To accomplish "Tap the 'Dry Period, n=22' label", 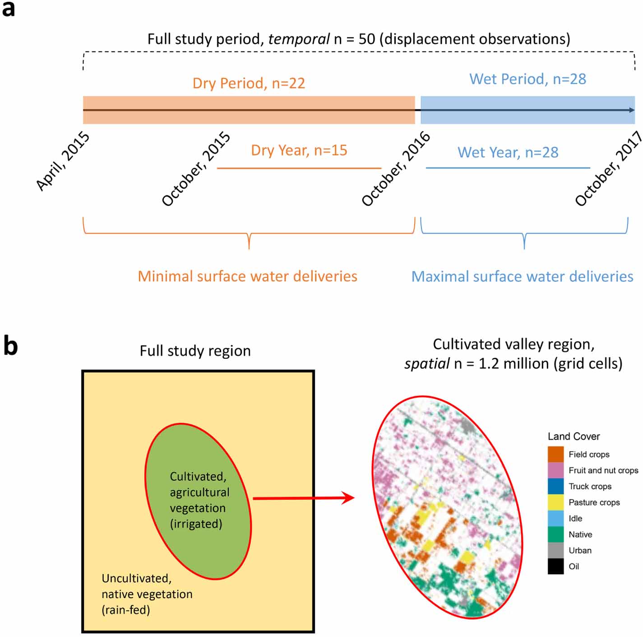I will click(x=249, y=83).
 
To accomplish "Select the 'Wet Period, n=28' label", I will click(x=527, y=79).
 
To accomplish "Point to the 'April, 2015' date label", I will click(x=63, y=161).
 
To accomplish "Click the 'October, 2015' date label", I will click(x=196, y=169).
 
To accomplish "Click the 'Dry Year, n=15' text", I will click(x=299, y=150).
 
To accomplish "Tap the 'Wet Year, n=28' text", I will click(x=508, y=152).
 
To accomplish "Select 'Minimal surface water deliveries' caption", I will click(x=247, y=276).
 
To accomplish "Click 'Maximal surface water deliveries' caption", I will click(x=522, y=276).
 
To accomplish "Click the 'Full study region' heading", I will click(x=195, y=351).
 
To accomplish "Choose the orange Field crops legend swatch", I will click(x=555, y=454).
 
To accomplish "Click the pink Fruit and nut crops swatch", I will click(x=555, y=470).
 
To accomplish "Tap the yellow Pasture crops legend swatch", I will click(x=555, y=502).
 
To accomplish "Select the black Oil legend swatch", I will click(x=555, y=567).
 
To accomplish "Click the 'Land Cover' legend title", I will click(x=574, y=436).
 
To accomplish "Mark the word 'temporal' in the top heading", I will click(x=299, y=39).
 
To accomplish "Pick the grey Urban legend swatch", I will click(x=555, y=550).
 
